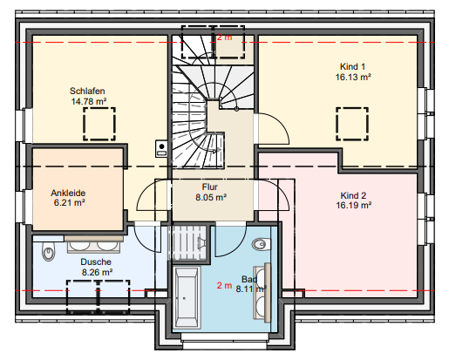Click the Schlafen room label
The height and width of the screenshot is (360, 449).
coord(87,90)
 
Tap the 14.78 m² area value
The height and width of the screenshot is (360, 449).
coord(87,101)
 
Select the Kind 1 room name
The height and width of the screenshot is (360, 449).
coord(353,66)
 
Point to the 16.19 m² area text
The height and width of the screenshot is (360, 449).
coord(354,206)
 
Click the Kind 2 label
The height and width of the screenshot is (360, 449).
coord(353,194)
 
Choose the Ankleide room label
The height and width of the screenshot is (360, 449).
coord(68,192)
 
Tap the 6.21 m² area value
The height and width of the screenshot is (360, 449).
coord(68,203)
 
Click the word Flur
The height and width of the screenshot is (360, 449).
coord(209,186)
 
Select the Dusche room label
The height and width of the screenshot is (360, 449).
coord(96,262)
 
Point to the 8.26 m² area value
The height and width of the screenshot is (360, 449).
coord(96,273)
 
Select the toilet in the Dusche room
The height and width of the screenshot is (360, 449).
coord(49,253)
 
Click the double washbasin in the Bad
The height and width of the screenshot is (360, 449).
coord(263,287)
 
